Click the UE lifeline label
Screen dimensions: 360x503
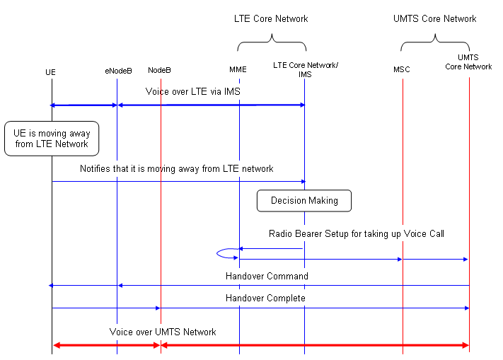point(50,72)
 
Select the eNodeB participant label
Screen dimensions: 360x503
point(117,71)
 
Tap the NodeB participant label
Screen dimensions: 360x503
point(159,70)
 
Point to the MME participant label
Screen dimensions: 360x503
point(238,70)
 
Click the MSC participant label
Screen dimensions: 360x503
point(401,70)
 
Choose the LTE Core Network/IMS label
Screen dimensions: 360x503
point(305,69)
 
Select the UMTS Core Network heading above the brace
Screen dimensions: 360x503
point(434,19)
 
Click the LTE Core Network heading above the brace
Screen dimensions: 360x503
point(271,19)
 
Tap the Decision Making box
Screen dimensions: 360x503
point(304,201)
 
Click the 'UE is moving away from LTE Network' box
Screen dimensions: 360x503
point(51,138)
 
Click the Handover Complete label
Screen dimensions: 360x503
point(266,298)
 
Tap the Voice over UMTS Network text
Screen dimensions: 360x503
point(163,332)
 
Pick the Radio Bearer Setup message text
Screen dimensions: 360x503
point(356,234)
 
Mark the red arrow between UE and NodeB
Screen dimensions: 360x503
point(106,345)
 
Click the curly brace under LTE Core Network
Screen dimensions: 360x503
point(271,46)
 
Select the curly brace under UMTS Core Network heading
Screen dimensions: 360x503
point(434,46)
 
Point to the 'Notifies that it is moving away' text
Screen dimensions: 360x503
point(176,169)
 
